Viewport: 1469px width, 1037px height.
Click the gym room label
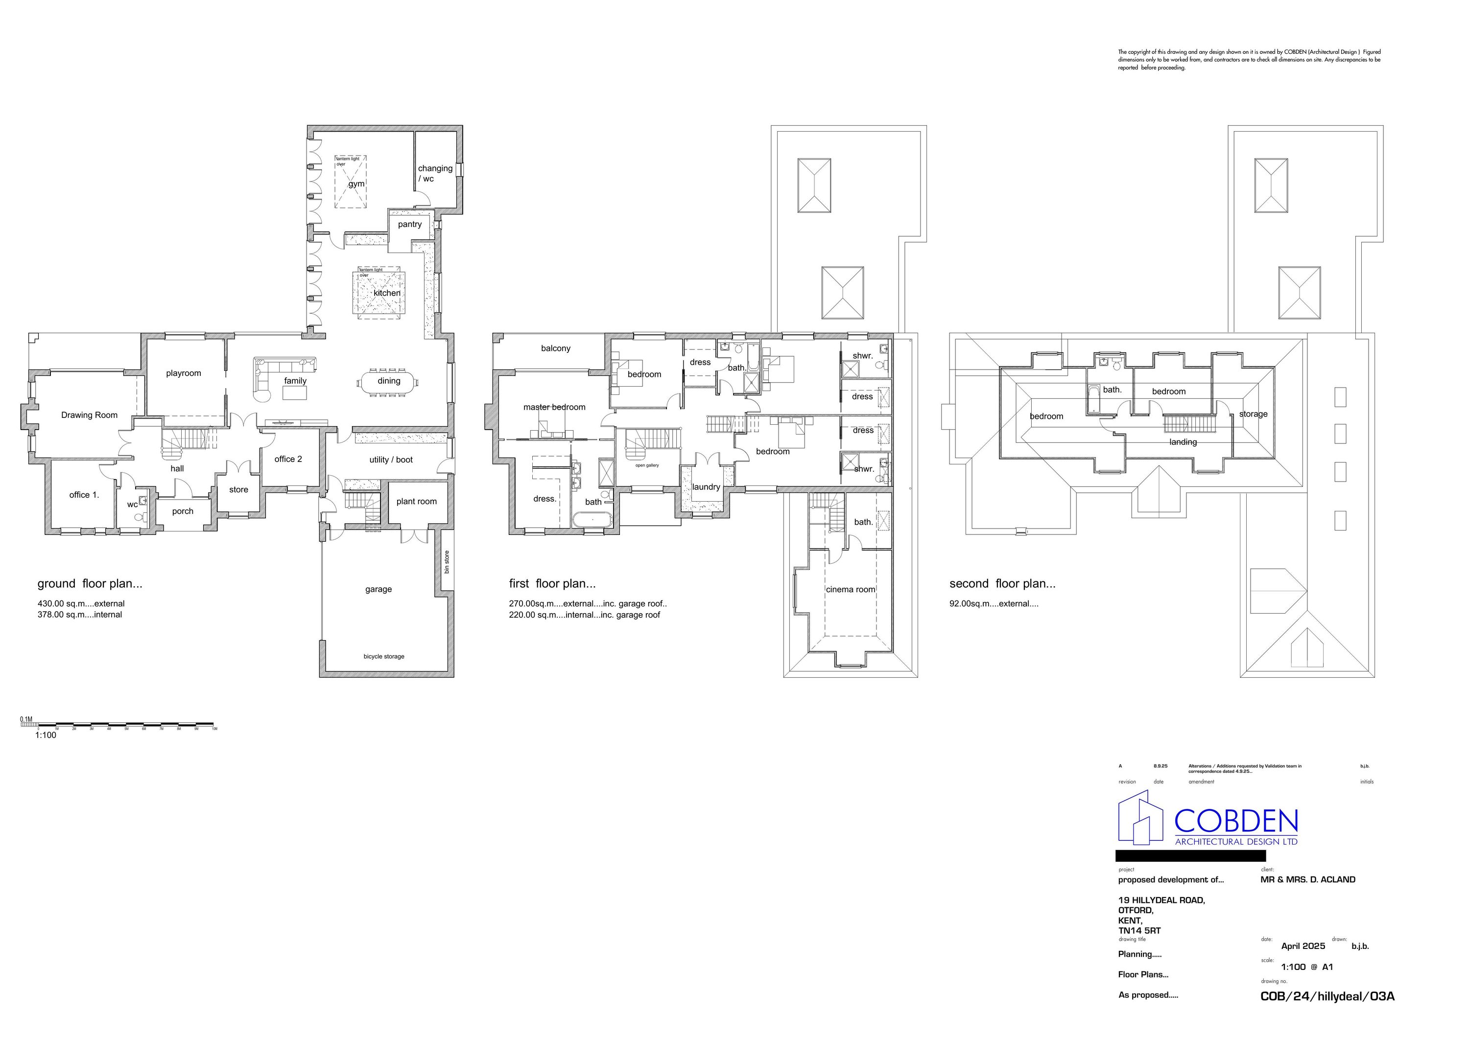coord(356,184)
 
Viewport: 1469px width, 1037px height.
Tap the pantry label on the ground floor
coord(409,225)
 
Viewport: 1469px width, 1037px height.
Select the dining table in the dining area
coord(388,382)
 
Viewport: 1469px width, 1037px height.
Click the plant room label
coord(417,501)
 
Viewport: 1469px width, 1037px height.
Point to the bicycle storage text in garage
coord(384,657)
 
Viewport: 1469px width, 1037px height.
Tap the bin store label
coord(447,561)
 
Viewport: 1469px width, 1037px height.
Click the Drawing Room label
coord(89,415)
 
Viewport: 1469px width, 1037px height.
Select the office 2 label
coord(288,459)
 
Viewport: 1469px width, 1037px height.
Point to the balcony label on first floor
coord(555,348)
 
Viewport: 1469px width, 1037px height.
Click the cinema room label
coord(850,590)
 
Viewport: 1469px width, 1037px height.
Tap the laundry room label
coord(707,487)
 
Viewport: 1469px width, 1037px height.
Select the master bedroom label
coord(554,407)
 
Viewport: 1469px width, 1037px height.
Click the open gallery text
coord(647,465)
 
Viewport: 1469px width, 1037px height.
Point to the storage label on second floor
coord(1253,415)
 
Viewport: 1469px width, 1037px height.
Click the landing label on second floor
coord(1183,442)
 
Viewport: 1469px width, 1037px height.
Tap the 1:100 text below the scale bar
coord(46,735)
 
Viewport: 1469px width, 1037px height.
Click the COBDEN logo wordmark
coord(1235,820)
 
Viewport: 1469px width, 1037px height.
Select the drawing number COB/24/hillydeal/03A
coord(1327,996)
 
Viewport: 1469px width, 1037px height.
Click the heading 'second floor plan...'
coord(1002,584)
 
